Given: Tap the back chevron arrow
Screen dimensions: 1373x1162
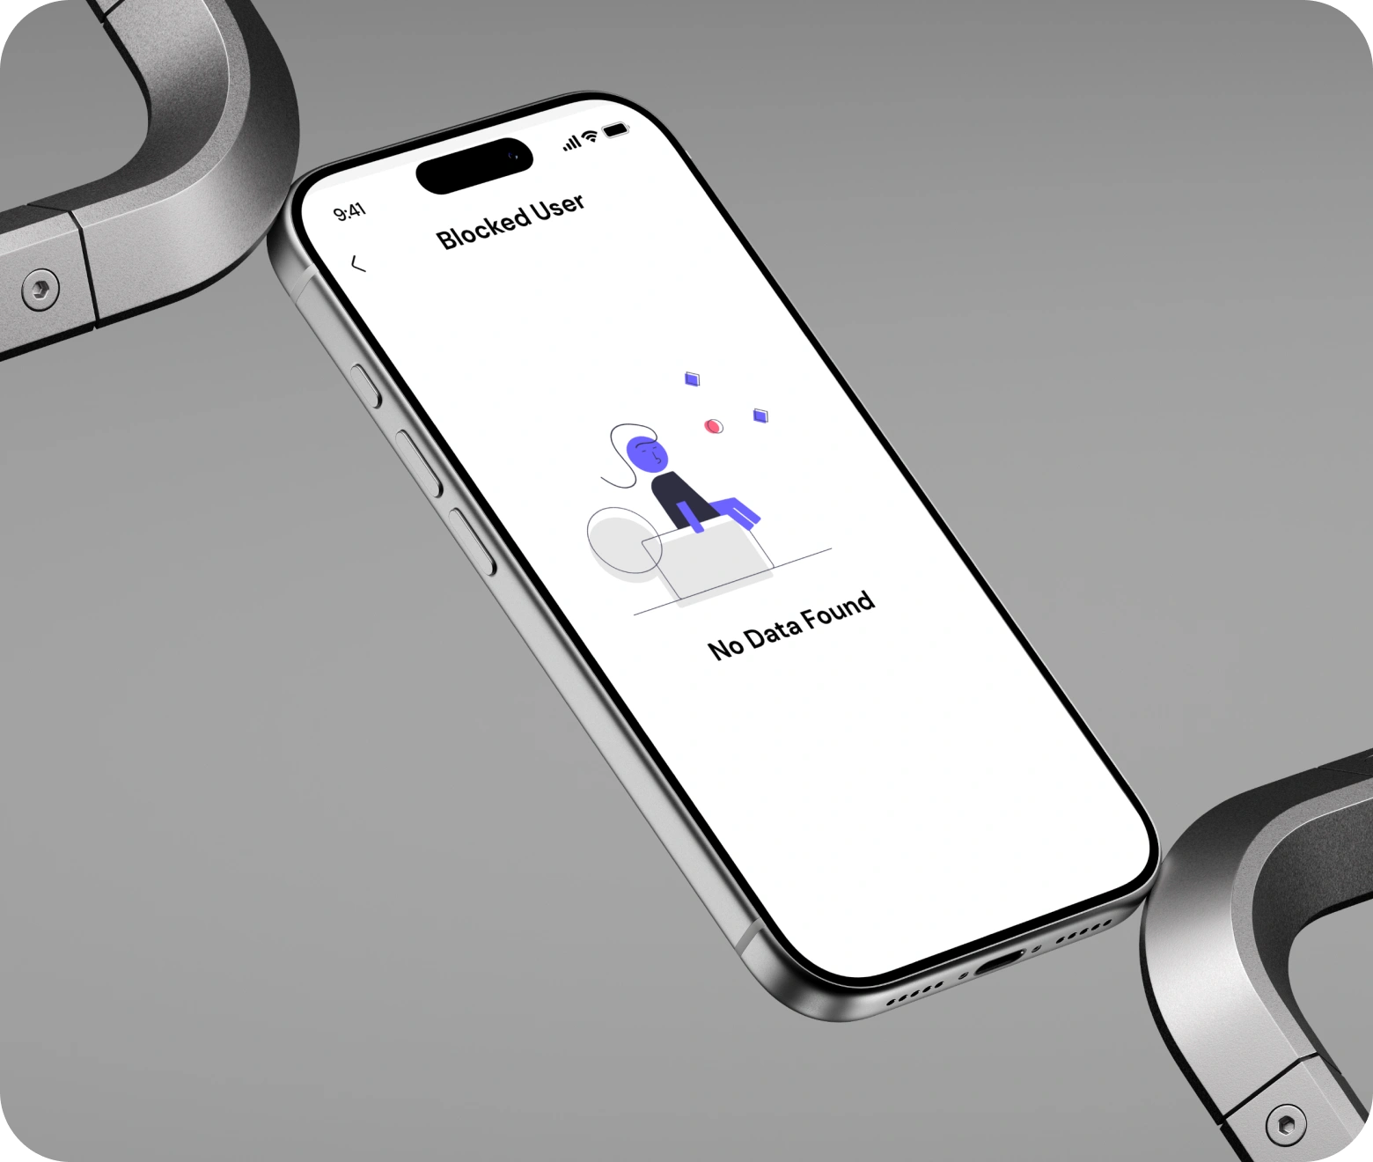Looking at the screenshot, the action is [358, 264].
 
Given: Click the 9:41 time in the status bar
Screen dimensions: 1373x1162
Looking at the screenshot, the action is [349, 212].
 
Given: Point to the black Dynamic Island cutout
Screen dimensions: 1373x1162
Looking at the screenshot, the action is [474, 165].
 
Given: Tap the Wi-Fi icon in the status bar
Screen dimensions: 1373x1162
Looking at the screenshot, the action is [589, 136].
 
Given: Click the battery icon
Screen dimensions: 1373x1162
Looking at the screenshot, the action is [616, 129].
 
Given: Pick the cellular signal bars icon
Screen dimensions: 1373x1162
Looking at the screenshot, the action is [571, 143].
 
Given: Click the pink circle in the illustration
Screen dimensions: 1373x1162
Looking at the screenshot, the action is [714, 426].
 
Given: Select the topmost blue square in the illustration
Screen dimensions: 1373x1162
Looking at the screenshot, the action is [692, 379].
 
